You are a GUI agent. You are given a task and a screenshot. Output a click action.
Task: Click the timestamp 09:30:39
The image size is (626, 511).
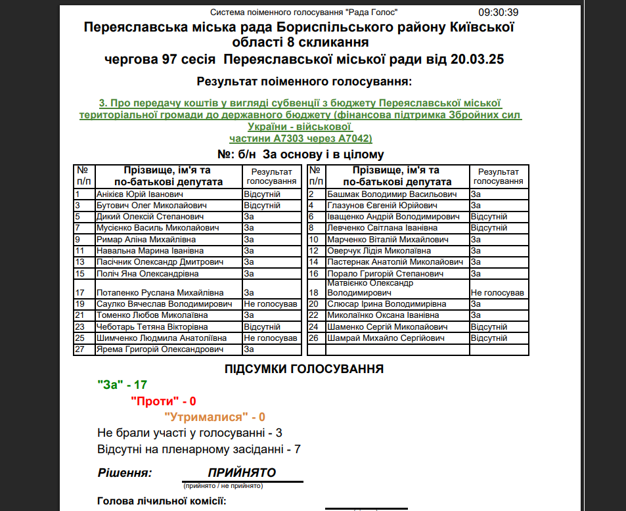tap(499, 12)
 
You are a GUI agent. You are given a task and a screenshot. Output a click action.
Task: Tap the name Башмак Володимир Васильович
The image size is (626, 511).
tap(391, 194)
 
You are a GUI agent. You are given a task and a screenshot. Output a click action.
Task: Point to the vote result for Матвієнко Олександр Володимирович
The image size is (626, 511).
tap(497, 292)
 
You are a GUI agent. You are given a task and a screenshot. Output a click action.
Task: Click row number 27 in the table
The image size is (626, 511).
tap(80, 349)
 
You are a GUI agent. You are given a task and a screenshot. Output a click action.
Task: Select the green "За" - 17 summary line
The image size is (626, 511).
tap(122, 385)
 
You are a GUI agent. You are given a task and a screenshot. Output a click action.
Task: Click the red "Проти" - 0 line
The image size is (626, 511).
tap(164, 401)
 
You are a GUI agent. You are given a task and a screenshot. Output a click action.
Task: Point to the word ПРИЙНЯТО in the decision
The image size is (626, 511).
tap(242, 473)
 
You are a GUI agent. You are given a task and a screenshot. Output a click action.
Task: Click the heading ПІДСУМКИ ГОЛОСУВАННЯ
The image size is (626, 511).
tap(304, 369)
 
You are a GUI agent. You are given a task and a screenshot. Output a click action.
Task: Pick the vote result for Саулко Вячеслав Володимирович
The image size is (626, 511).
tap(270, 304)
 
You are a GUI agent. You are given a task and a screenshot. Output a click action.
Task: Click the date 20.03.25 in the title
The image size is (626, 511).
tap(478, 59)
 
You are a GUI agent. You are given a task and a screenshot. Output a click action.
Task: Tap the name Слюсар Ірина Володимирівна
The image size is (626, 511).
tap(386, 304)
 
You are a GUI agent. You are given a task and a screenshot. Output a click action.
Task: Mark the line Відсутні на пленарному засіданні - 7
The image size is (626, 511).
tap(198, 449)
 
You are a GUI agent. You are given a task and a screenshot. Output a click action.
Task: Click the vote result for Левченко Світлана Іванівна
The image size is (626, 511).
tap(489, 228)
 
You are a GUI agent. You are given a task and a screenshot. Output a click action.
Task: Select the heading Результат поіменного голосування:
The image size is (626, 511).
tap(304, 82)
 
